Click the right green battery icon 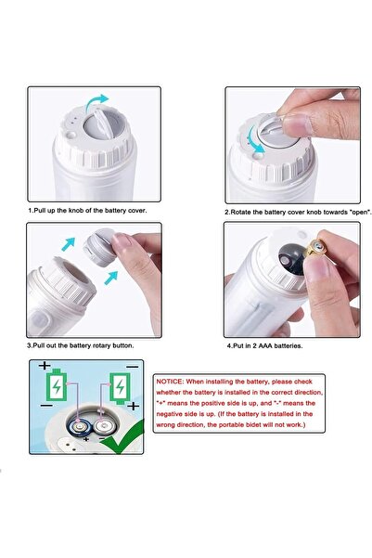(118, 383)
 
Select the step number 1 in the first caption (30, 211)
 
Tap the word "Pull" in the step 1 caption (41, 211)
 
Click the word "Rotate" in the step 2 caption (244, 212)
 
